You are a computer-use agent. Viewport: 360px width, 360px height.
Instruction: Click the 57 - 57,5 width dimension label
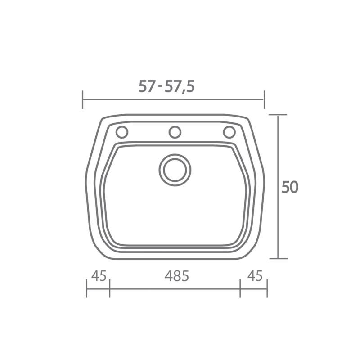166,87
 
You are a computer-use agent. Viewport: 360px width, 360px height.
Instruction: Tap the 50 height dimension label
290,187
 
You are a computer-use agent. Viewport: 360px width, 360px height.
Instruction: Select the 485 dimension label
176,276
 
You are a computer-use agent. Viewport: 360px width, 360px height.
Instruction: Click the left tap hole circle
122,132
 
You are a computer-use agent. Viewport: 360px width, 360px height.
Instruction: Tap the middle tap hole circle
175,132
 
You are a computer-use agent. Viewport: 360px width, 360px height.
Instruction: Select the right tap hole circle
229,132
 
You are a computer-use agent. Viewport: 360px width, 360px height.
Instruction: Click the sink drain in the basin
175,170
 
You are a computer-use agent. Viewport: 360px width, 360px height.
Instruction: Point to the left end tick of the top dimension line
83,99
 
